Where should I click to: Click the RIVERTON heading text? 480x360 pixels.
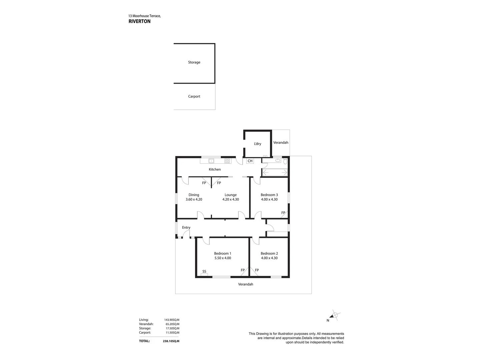(x=139, y=21)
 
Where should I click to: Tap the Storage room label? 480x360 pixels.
(x=194, y=62)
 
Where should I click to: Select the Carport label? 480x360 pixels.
(x=194, y=96)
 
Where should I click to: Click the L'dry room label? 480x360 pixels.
(x=257, y=144)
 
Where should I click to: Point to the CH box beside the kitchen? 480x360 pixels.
(x=250, y=161)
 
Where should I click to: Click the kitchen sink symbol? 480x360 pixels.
(x=211, y=161)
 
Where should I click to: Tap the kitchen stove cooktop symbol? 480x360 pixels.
(x=227, y=161)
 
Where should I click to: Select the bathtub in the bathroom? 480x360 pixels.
(x=275, y=172)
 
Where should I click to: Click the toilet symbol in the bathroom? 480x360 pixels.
(x=285, y=161)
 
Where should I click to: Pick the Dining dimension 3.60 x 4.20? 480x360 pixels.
(x=194, y=199)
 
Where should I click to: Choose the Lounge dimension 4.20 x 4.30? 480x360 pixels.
(x=231, y=199)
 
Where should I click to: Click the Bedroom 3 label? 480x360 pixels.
(x=269, y=195)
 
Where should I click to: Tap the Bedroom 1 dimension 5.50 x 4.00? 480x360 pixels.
(x=223, y=258)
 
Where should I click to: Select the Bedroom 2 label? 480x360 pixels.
(x=269, y=253)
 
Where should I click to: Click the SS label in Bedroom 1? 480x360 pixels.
(x=204, y=271)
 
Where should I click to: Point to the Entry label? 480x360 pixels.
(x=186, y=228)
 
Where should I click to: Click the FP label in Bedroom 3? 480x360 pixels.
(x=283, y=213)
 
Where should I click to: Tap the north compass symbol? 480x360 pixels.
(x=335, y=316)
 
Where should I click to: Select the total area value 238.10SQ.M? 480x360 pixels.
(x=171, y=341)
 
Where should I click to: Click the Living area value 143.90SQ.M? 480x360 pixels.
(x=172, y=320)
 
